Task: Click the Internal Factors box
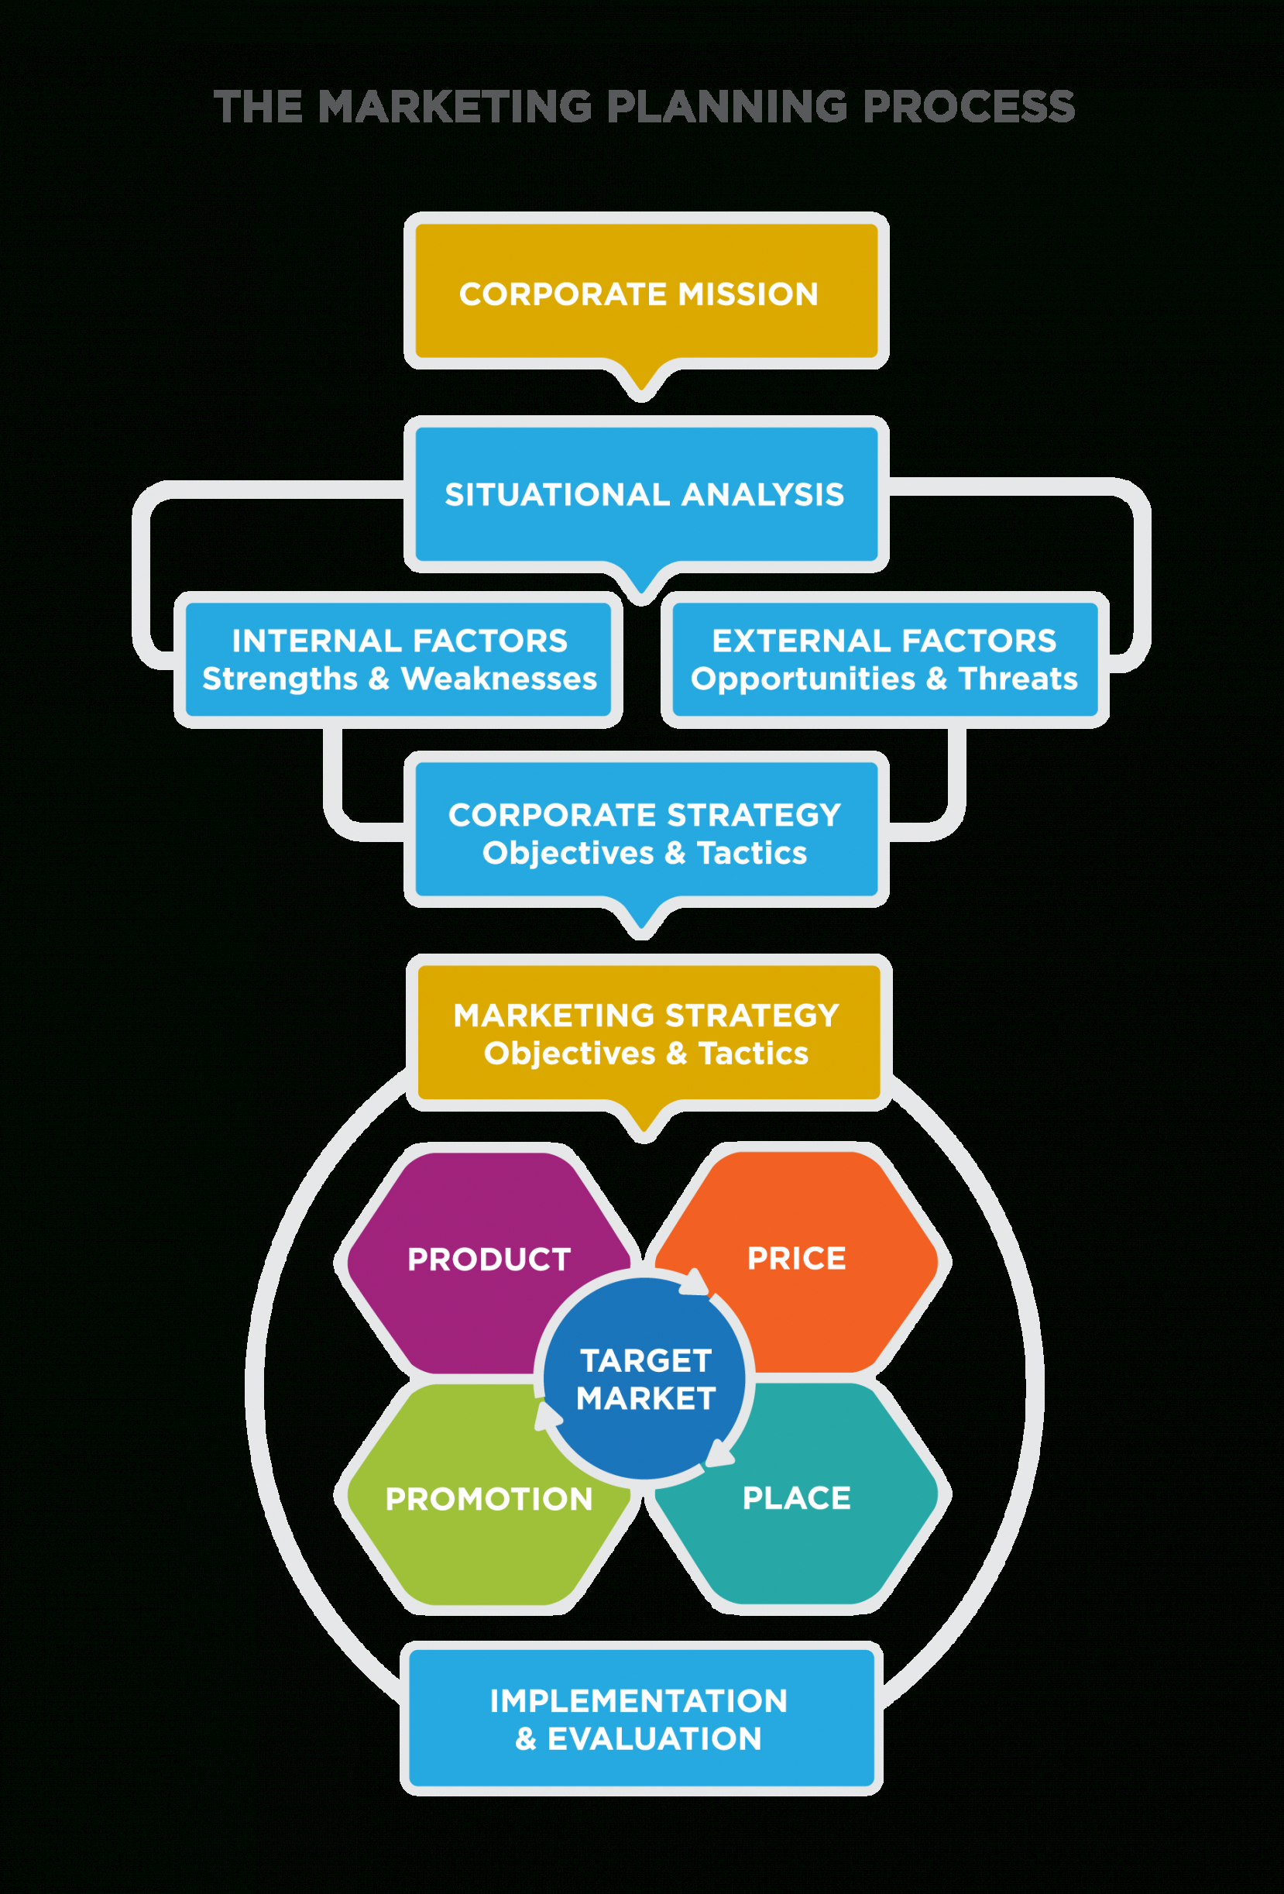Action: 398,659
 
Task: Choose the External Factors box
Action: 884,659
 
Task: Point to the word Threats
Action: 1018,679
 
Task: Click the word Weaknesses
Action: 499,679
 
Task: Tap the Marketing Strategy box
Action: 647,1033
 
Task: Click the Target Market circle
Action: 644,1379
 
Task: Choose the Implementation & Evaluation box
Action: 640,1720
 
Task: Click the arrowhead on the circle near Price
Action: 695,1282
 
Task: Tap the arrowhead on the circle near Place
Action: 719,1454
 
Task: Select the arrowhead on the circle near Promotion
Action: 547,1416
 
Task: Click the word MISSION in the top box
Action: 747,294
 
